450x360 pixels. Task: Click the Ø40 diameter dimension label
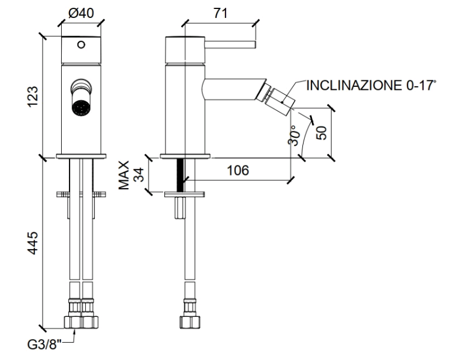[81, 13]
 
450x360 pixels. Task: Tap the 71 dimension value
[220, 13]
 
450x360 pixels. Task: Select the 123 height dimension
[33, 96]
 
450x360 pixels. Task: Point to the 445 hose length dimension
[33, 243]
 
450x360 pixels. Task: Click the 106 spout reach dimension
[238, 171]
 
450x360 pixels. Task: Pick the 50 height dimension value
[322, 133]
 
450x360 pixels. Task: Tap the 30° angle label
[295, 135]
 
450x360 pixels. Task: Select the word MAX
[124, 176]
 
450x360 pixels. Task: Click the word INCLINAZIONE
[355, 86]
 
